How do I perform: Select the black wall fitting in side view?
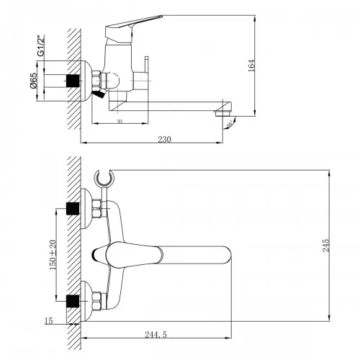pyautogui.click(x=72, y=80)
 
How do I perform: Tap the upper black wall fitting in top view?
pyautogui.click(x=72, y=208)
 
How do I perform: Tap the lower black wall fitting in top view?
pyautogui.click(x=72, y=299)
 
